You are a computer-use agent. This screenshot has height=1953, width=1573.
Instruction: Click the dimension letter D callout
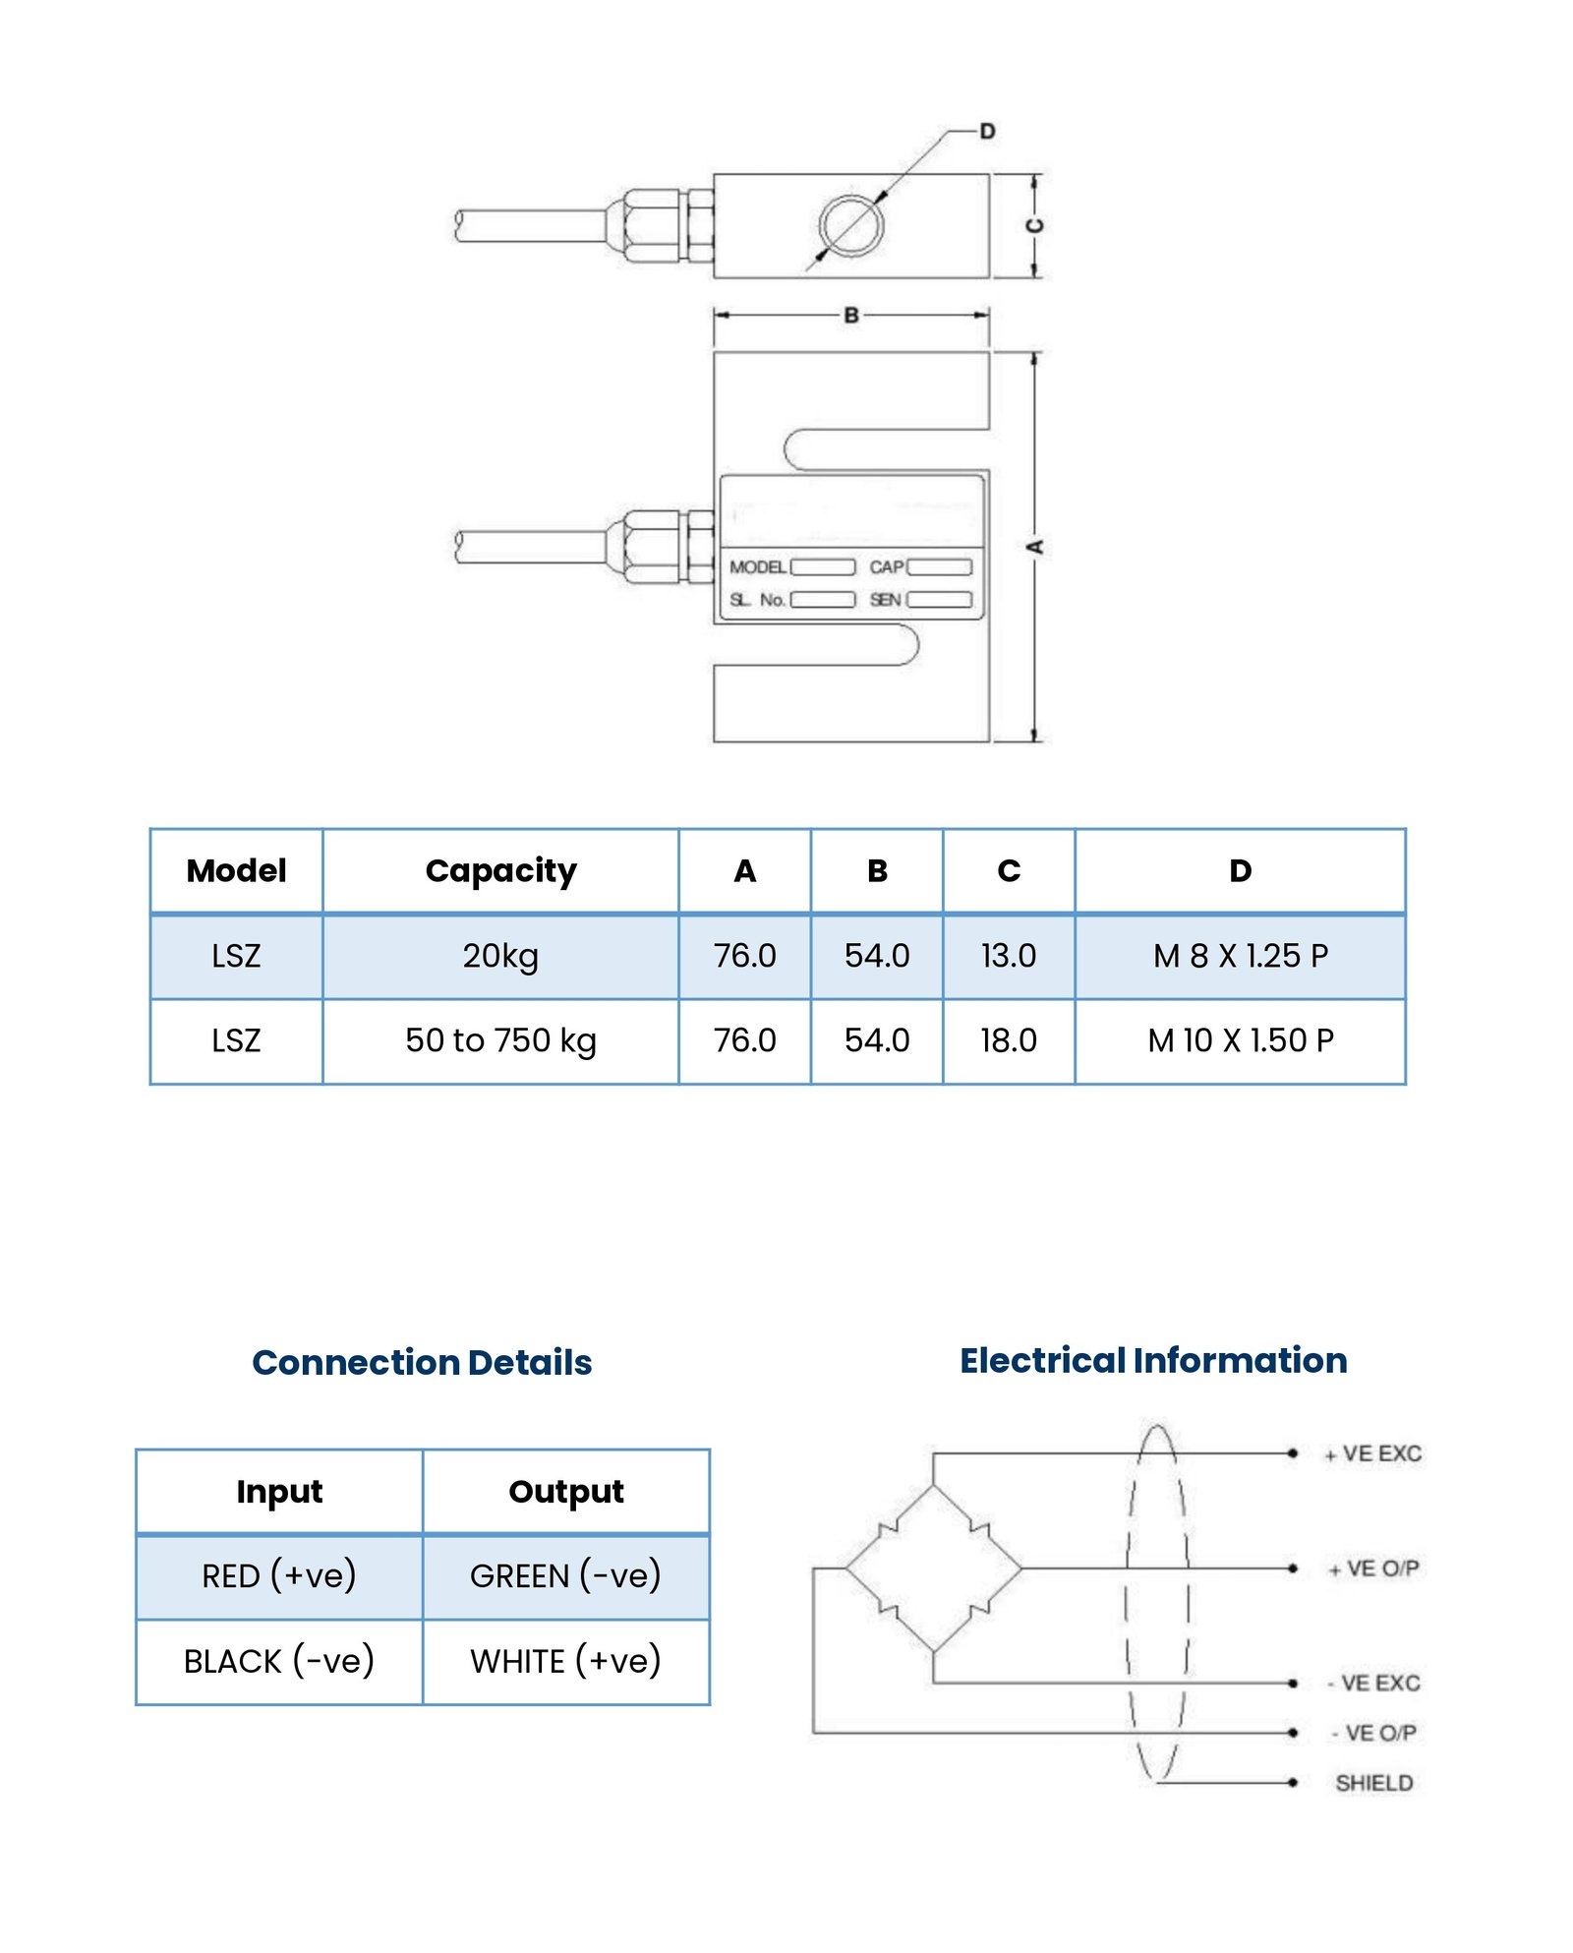(987, 131)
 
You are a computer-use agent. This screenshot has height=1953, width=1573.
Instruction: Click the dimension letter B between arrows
(851, 315)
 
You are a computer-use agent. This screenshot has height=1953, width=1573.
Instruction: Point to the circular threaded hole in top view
(851, 225)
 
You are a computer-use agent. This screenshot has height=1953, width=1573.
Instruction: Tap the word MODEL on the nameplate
(757, 567)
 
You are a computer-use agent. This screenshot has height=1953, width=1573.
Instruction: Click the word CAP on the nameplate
(886, 567)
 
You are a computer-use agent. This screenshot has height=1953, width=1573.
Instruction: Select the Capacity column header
(500, 870)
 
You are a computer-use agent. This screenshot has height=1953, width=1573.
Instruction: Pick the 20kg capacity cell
(500, 956)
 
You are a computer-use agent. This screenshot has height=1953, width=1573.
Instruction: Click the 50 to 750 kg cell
(500, 1040)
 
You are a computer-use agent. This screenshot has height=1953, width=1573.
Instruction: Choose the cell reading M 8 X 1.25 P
(1240, 956)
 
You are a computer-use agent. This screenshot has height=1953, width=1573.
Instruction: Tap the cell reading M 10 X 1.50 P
(1240, 1040)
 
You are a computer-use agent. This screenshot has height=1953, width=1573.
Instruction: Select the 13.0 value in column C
(1009, 956)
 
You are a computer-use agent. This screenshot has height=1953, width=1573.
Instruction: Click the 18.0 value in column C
(1009, 1040)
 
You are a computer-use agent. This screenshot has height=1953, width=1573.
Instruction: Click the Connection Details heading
(422, 1362)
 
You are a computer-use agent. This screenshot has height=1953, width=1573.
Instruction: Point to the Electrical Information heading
(1153, 1360)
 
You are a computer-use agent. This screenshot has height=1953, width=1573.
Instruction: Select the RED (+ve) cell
(279, 1575)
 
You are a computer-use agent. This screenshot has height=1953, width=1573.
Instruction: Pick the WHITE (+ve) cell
(565, 1661)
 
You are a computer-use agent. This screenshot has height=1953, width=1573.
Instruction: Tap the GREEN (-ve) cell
(565, 1575)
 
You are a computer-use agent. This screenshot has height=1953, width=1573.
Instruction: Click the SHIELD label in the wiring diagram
(1373, 1783)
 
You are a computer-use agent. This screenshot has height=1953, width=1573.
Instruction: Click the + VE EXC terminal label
(1372, 1453)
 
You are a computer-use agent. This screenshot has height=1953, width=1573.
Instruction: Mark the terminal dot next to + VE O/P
(1293, 1568)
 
